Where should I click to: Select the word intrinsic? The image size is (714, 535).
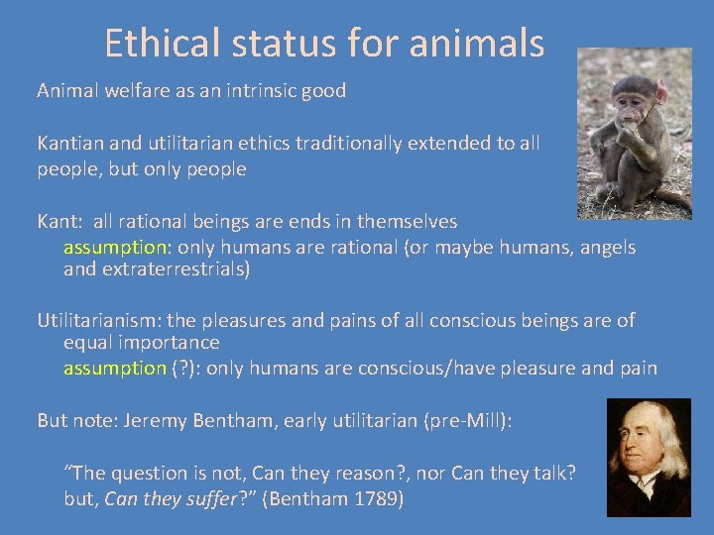[262, 91]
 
